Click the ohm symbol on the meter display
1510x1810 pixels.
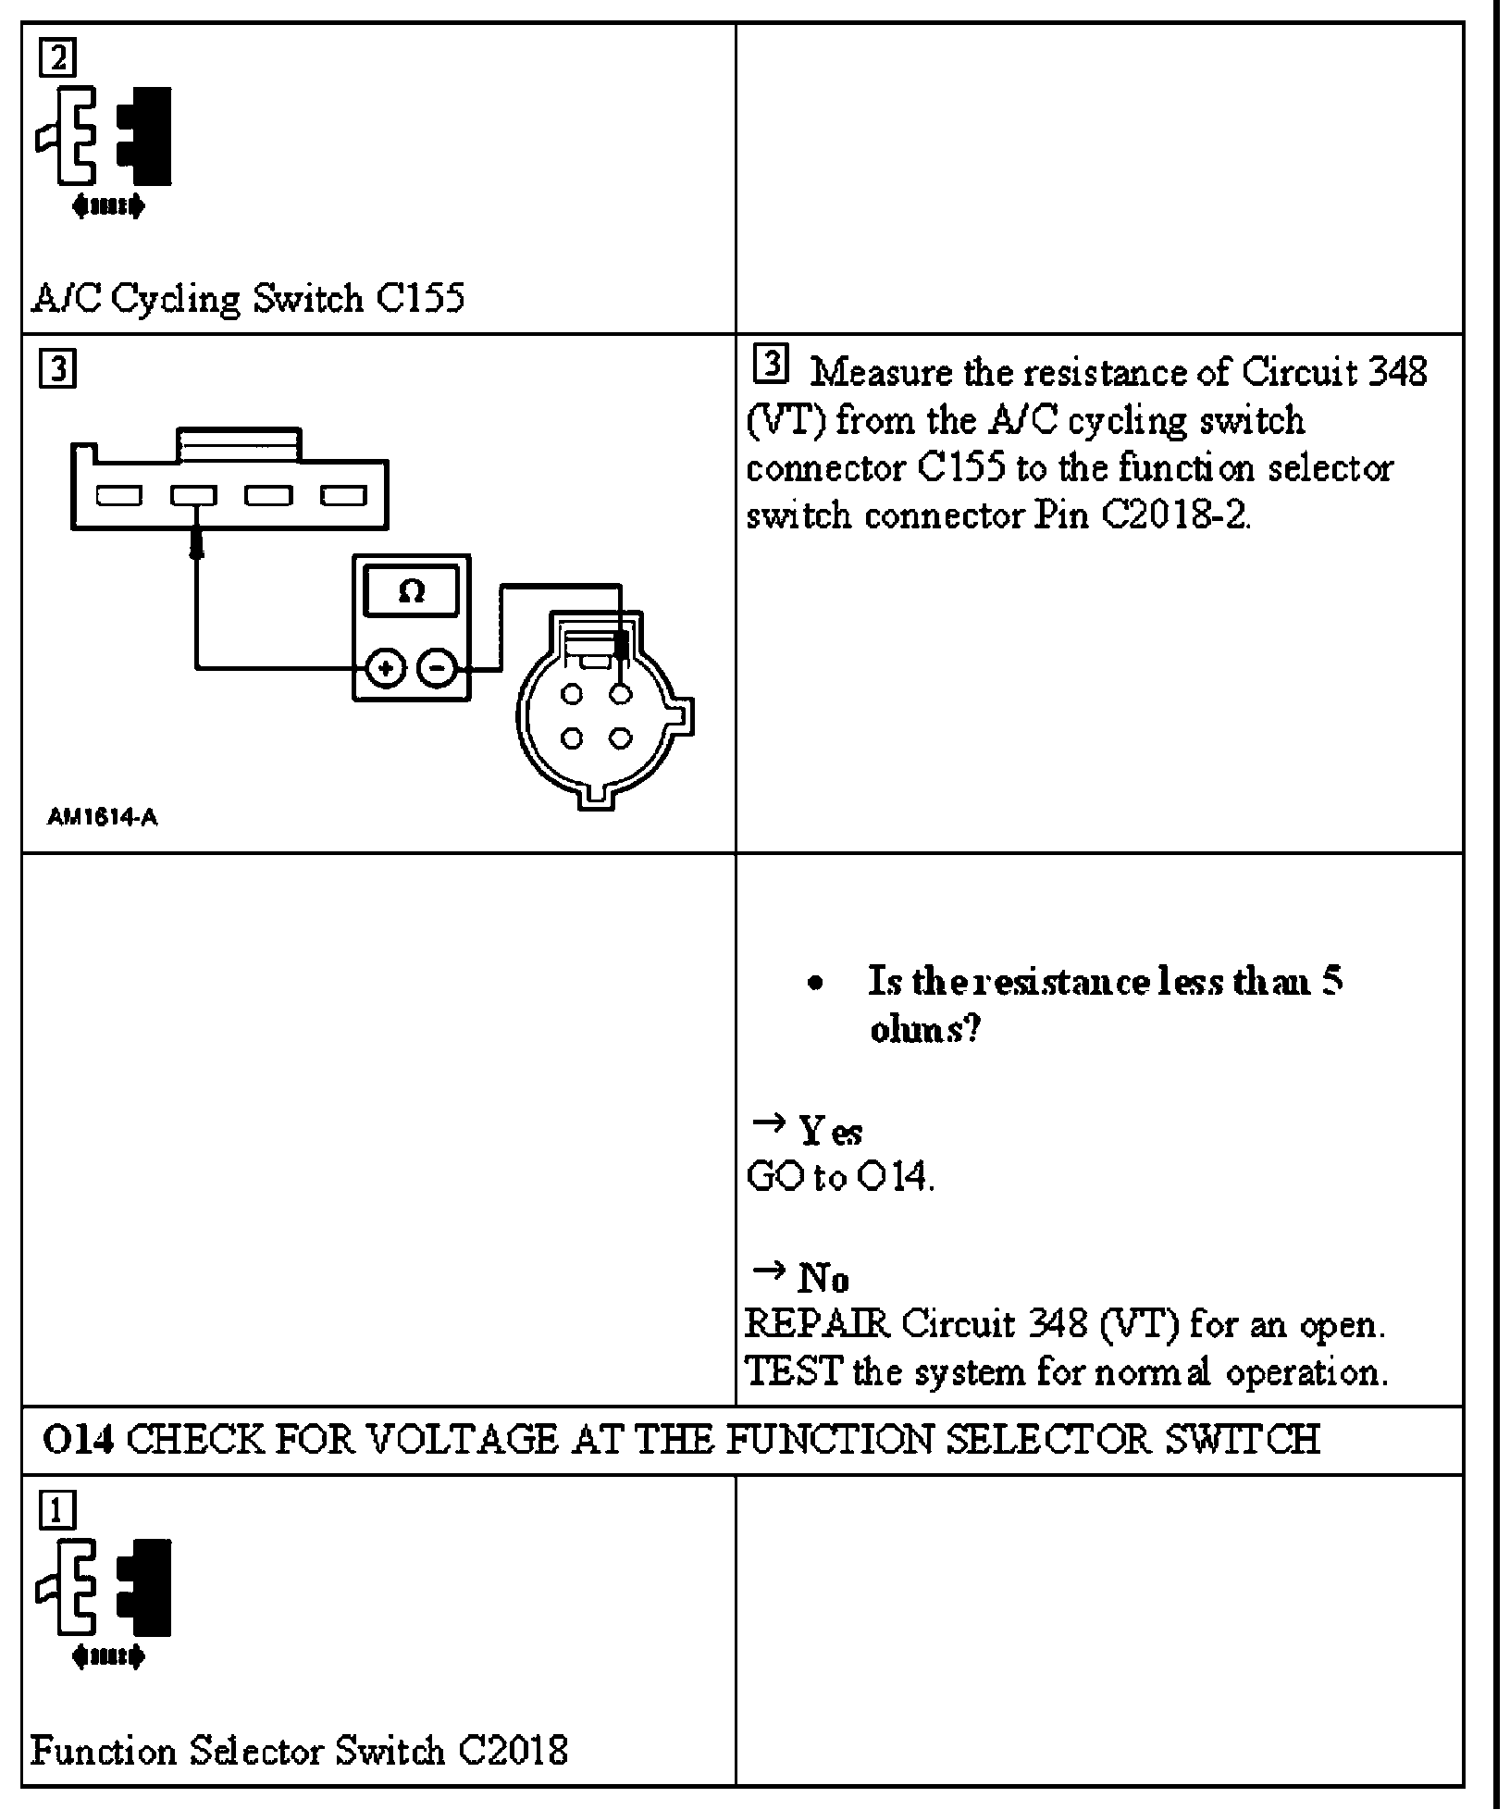tap(411, 591)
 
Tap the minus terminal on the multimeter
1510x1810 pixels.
tap(437, 669)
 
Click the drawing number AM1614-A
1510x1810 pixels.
tap(102, 818)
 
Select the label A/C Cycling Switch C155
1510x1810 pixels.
tap(248, 299)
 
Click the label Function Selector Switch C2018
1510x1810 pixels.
tap(299, 1751)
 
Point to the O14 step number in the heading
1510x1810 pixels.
tap(78, 1440)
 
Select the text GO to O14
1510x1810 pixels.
tap(840, 1176)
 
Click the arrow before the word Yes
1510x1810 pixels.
tap(767, 1123)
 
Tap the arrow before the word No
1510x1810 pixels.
tap(767, 1271)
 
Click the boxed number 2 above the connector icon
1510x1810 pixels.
tap(57, 58)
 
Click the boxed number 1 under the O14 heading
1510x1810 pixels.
tap(57, 1511)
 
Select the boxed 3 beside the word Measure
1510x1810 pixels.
tap(771, 365)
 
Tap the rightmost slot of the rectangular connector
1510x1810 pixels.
tap(343, 496)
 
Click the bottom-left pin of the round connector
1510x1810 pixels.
tap(572, 738)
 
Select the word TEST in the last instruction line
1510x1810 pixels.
tap(793, 1371)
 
